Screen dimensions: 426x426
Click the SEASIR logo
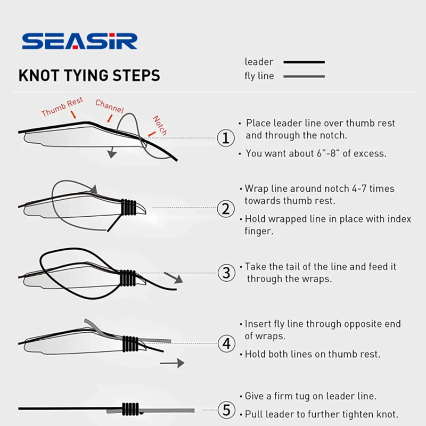(x=79, y=42)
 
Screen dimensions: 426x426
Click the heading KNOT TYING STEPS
(x=89, y=75)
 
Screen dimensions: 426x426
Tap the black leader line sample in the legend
(x=304, y=62)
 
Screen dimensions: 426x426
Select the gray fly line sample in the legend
(x=304, y=77)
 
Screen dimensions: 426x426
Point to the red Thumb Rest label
(x=62, y=106)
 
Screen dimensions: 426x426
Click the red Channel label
(x=110, y=106)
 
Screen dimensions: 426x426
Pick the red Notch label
(x=160, y=125)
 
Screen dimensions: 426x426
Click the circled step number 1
(x=226, y=138)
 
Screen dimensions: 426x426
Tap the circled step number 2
(x=226, y=209)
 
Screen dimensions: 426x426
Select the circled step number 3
(x=226, y=273)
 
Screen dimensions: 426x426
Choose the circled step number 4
(x=226, y=343)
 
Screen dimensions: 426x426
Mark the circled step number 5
(x=226, y=409)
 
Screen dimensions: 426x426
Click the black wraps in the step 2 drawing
(x=128, y=207)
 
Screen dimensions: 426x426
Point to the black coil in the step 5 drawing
(x=130, y=409)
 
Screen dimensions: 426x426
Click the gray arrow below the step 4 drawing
(x=172, y=363)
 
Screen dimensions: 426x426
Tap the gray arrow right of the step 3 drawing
(x=173, y=277)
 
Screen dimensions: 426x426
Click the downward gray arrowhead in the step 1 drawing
(x=112, y=154)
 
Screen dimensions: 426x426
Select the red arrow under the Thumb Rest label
(x=73, y=114)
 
